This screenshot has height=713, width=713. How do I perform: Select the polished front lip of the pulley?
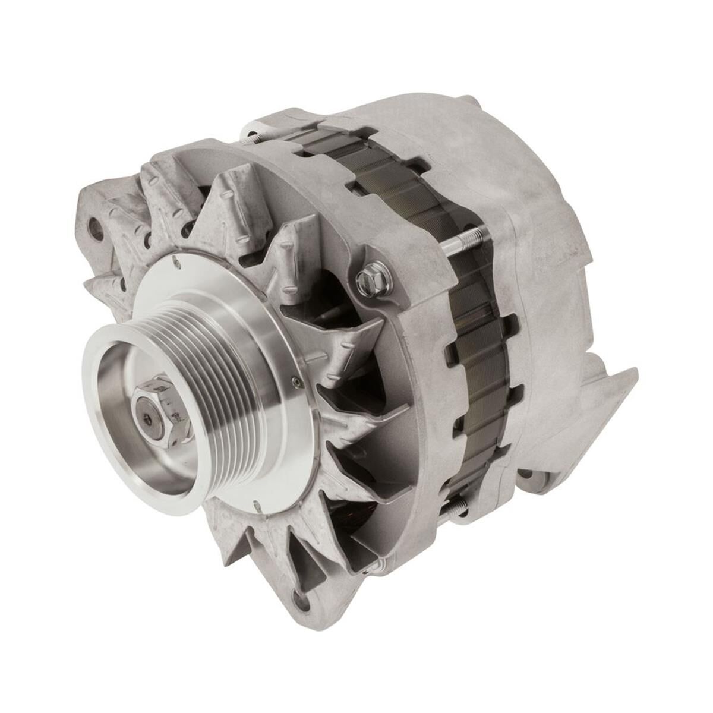pyautogui.click(x=104, y=410)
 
